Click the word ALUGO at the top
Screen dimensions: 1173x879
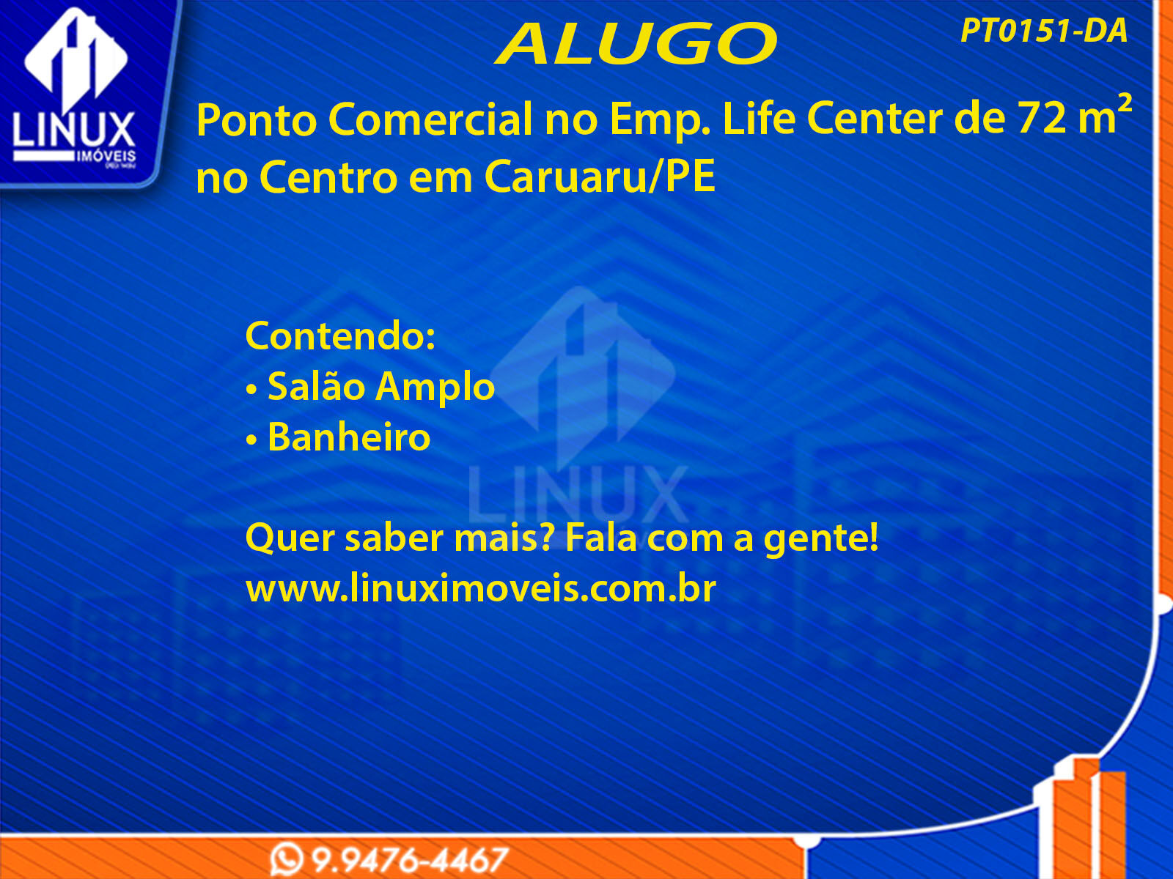point(636,44)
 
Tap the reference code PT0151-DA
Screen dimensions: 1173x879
point(1044,31)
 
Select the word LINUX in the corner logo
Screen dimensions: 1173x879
point(74,129)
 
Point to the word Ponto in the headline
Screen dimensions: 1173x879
point(257,121)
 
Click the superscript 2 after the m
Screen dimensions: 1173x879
point(1124,103)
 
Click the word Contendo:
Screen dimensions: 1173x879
point(340,336)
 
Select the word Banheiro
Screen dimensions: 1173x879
point(349,437)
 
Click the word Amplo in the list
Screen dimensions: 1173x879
point(435,387)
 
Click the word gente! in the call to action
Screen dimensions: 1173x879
point(821,538)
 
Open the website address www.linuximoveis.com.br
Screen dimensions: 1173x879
point(480,588)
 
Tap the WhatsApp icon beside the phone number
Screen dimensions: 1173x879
point(287,860)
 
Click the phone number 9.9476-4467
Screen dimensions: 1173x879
point(409,860)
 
